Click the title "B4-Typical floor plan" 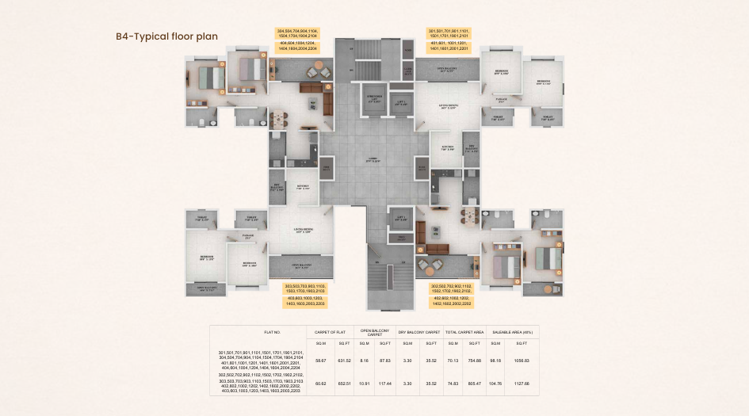[x=166, y=36]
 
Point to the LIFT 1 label [x=401, y=102]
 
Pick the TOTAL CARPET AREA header [x=464, y=331]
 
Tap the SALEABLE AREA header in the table [x=511, y=331]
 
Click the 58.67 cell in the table [x=320, y=361]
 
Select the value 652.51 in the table [x=344, y=384]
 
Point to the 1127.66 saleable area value [x=522, y=384]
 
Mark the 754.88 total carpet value [x=474, y=361]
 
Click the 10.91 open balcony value [x=364, y=384]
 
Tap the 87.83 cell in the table [x=386, y=361]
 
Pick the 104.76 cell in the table [x=496, y=384]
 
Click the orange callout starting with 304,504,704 [x=297, y=32]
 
